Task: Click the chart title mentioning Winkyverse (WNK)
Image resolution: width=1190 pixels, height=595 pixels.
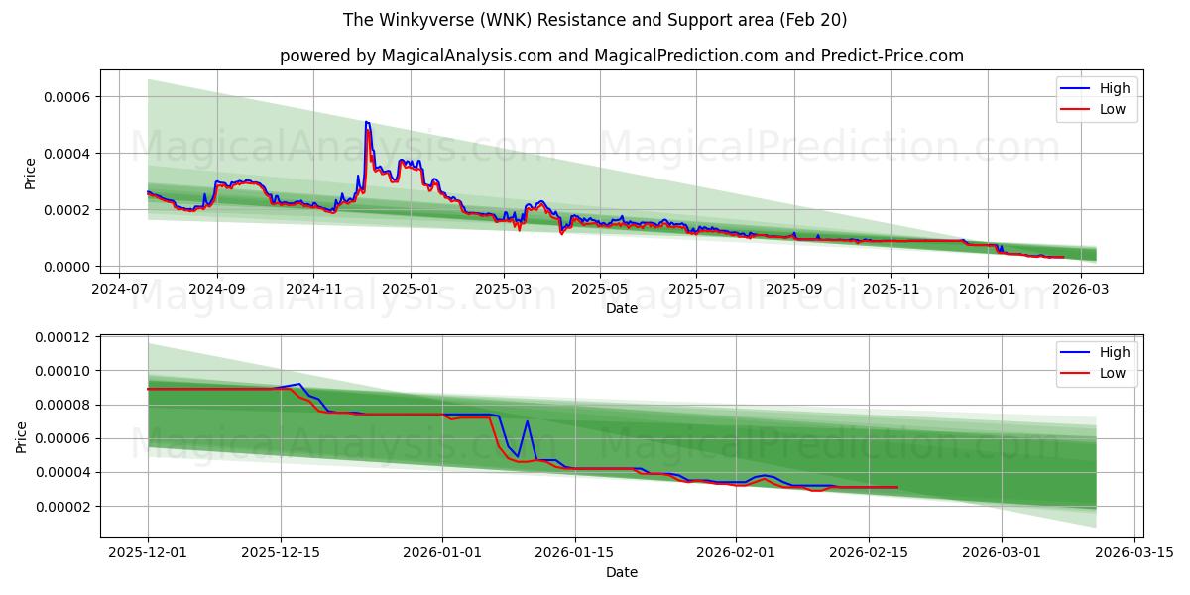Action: click(x=595, y=20)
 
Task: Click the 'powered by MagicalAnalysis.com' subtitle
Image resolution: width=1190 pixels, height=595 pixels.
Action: click(x=621, y=56)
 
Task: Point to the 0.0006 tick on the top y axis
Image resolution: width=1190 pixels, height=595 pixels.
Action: click(x=67, y=97)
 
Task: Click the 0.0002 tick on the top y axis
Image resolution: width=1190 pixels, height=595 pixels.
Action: click(x=67, y=210)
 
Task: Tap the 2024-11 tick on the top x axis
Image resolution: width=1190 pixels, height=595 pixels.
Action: click(x=313, y=288)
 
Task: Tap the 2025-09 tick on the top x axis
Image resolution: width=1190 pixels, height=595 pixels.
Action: click(x=793, y=288)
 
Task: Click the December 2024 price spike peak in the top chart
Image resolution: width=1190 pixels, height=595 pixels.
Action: click(x=367, y=122)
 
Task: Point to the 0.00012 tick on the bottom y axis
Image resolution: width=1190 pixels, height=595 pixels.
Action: click(x=61, y=337)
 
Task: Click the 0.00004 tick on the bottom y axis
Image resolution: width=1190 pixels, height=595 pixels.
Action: click(x=61, y=472)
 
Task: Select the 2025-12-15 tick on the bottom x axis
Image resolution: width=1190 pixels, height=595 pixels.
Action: click(x=281, y=553)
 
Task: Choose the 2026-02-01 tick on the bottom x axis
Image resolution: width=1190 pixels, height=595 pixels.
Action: click(x=736, y=553)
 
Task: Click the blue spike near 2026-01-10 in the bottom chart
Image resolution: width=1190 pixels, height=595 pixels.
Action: click(x=527, y=421)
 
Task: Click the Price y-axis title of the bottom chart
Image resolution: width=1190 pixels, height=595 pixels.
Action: click(x=22, y=436)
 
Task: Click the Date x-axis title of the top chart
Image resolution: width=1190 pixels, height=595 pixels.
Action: click(x=621, y=308)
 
